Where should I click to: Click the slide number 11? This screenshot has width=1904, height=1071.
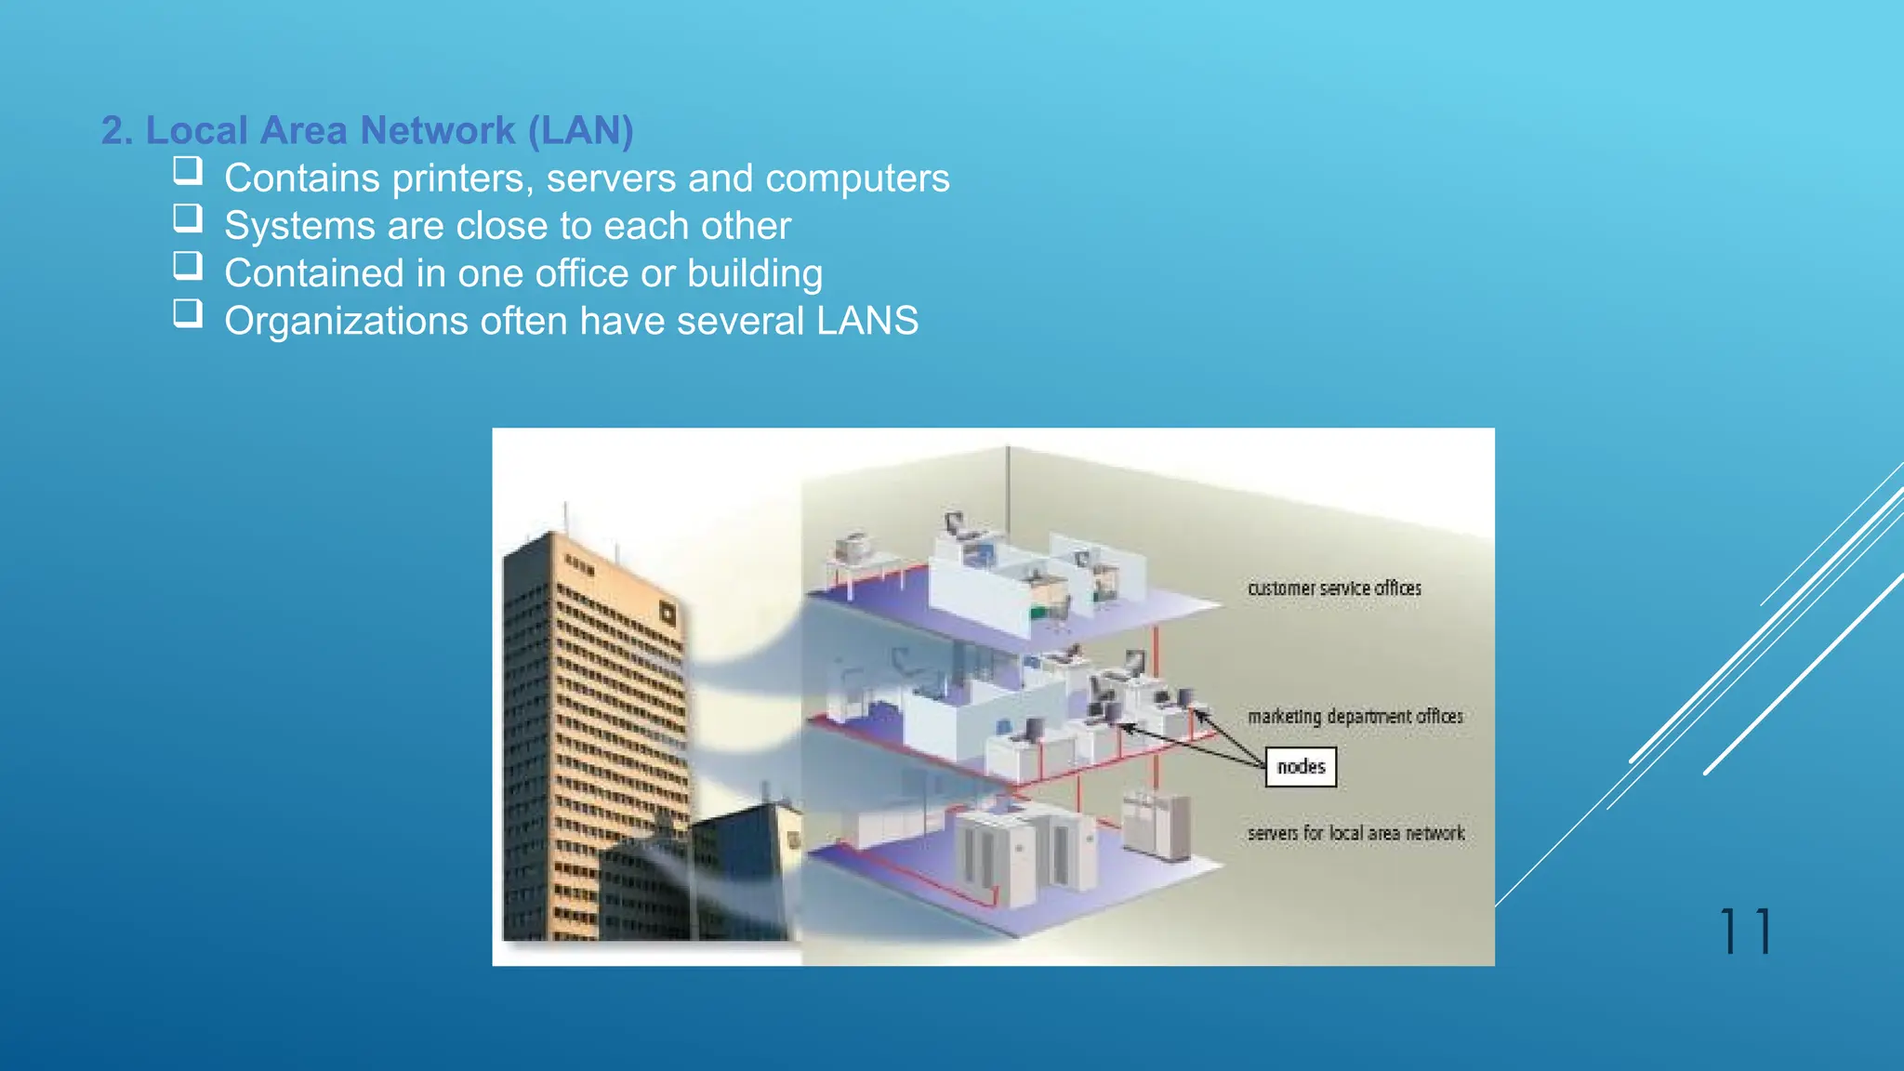pyautogui.click(x=1746, y=932)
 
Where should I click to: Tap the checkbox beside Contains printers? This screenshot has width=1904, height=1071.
pyautogui.click(x=188, y=170)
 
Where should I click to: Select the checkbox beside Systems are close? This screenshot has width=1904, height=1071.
pyautogui.click(x=188, y=218)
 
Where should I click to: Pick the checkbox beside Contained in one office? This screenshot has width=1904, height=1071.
pyautogui.click(x=188, y=266)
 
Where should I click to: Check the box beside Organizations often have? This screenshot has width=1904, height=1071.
pyautogui.click(x=188, y=312)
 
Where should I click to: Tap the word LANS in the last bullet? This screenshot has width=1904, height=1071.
pyautogui.click(x=866, y=322)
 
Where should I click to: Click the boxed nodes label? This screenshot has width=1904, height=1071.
pyautogui.click(x=1301, y=767)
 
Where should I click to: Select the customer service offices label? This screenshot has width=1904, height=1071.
pyautogui.click(x=1334, y=588)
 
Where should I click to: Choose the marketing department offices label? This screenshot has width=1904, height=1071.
pyautogui.click(x=1355, y=717)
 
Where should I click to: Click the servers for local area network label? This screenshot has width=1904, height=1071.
pyautogui.click(x=1355, y=834)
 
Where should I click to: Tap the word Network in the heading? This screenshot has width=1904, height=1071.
pyautogui.click(x=437, y=131)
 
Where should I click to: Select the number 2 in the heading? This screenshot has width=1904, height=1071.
pyautogui.click(x=112, y=131)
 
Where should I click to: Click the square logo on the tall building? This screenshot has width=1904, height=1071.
pyautogui.click(x=666, y=613)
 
